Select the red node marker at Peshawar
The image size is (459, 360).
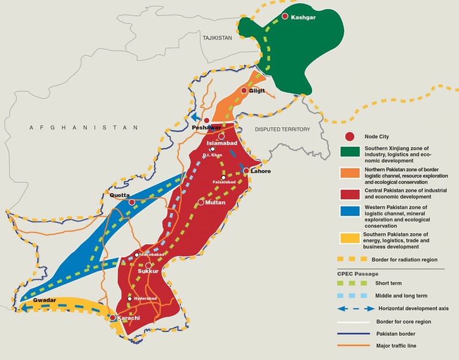coord(207,120)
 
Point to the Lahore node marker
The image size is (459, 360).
coord(246,171)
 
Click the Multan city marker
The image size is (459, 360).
coord(201,202)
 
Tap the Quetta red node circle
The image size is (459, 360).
coord(132,202)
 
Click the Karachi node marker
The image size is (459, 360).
coord(112,318)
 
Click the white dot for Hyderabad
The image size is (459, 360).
coord(130,299)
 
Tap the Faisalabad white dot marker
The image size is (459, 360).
coord(223,177)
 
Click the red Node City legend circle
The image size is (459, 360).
coord(347,136)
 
